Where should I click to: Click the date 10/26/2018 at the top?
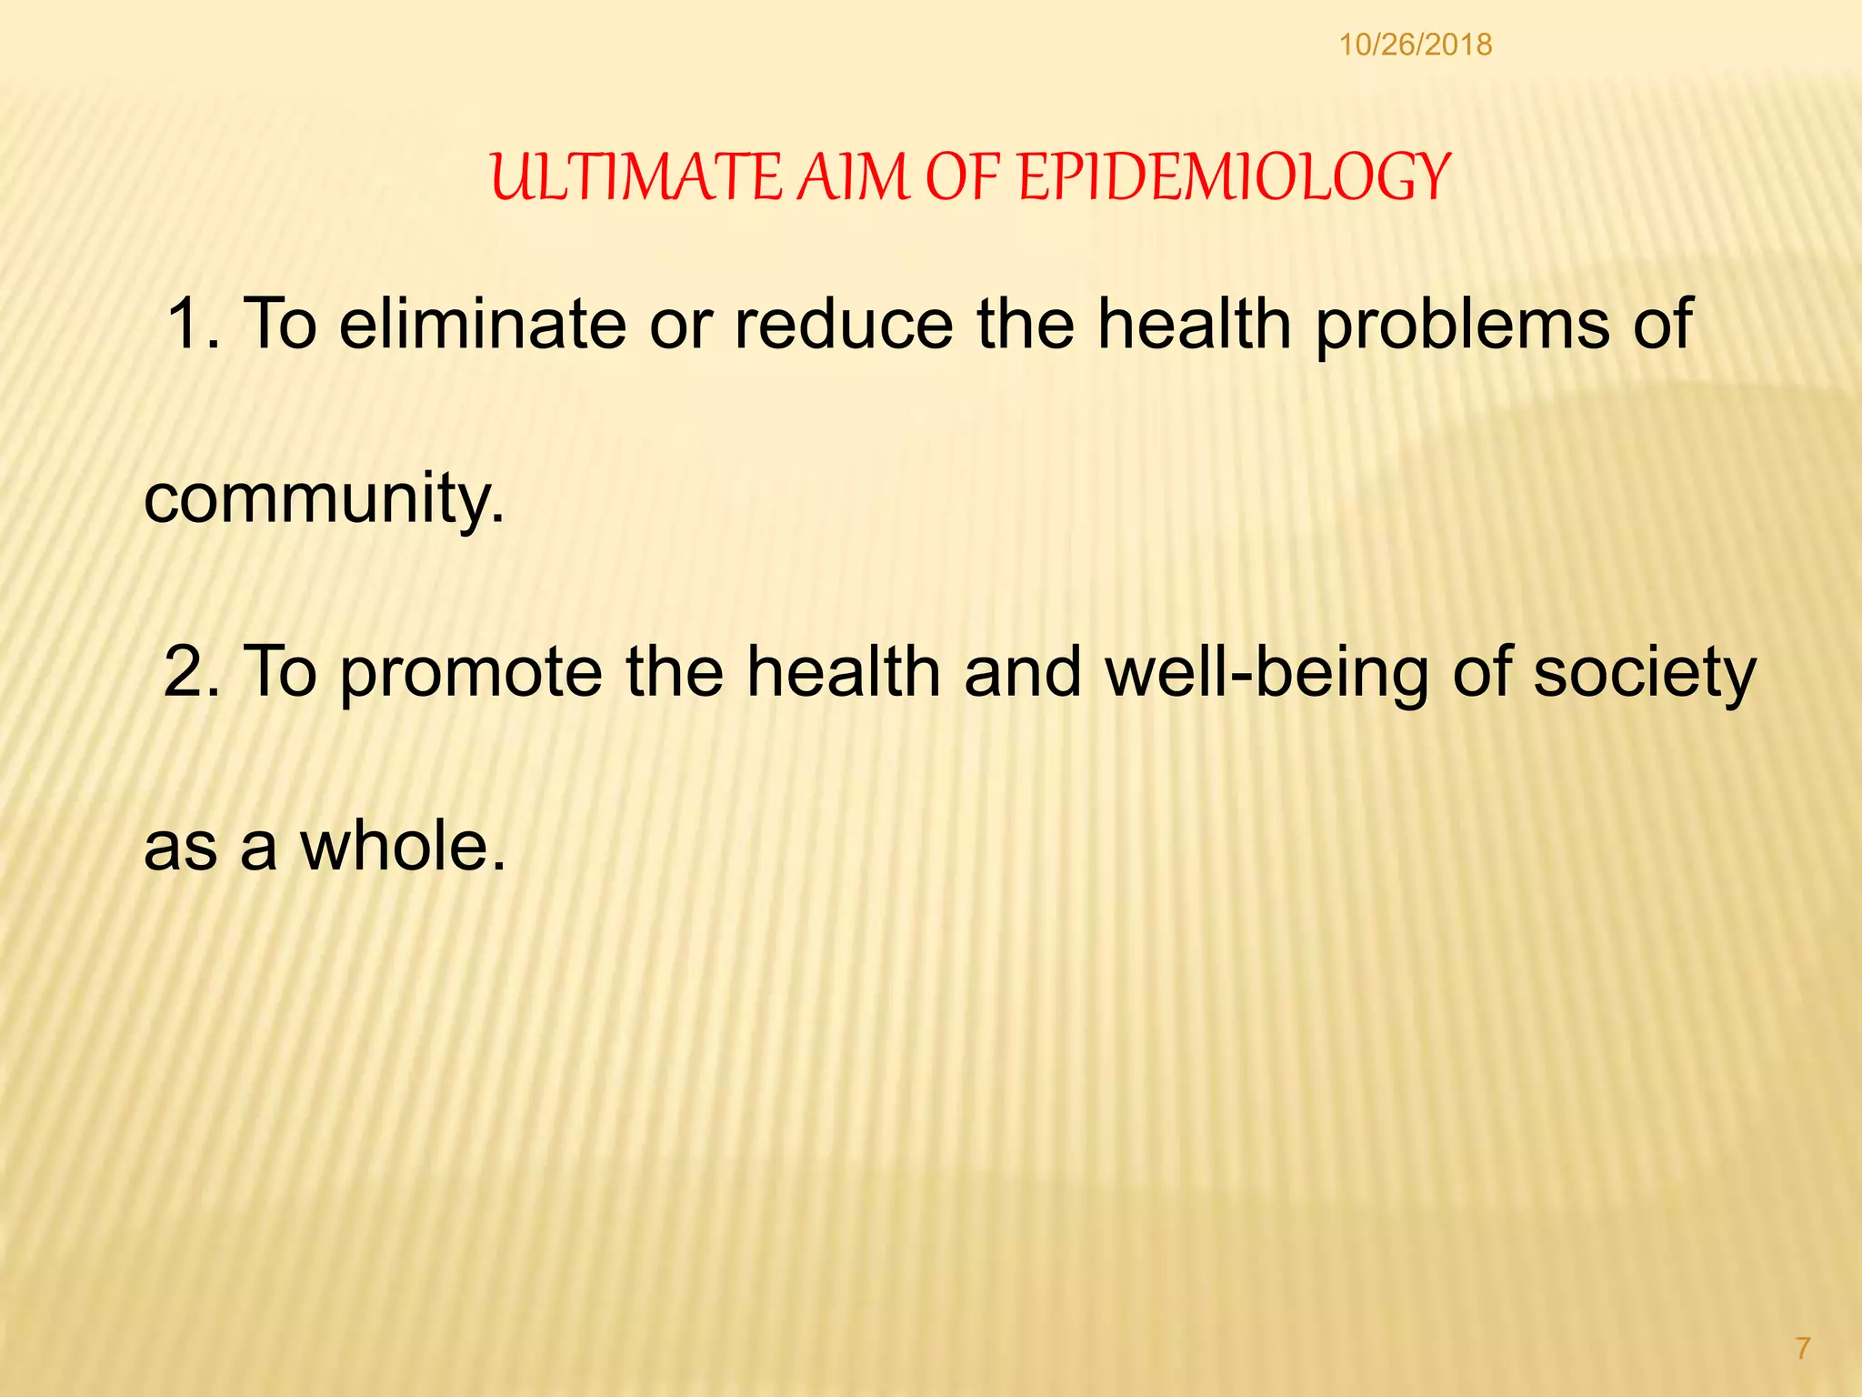click(1415, 45)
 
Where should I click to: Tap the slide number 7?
click(1803, 1348)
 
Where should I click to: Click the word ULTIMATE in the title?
click(636, 177)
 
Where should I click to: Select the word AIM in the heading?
click(854, 177)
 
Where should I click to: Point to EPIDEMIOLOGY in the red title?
click(1233, 177)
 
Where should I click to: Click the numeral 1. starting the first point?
click(194, 324)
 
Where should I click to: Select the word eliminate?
click(483, 324)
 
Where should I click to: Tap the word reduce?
click(844, 324)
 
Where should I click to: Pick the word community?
click(324, 499)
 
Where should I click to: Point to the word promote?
click(472, 674)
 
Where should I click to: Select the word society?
click(1645, 674)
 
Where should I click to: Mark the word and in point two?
click(1023, 672)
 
